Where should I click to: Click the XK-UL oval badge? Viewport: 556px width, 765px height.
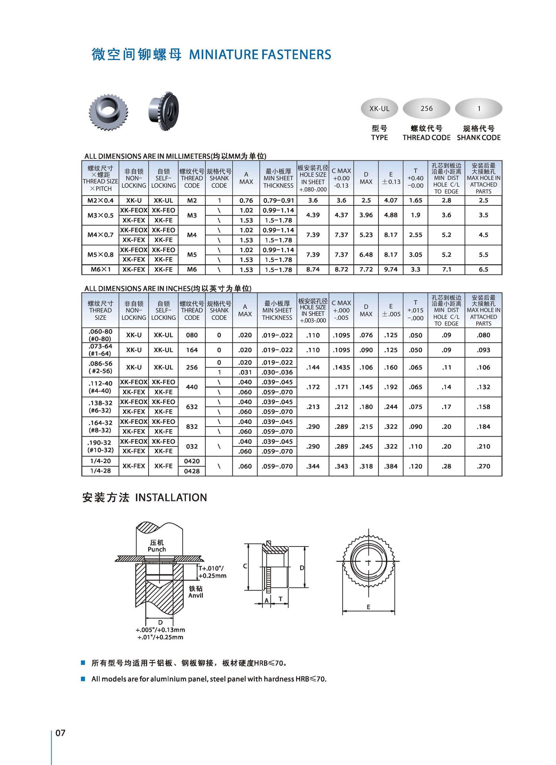tap(379, 108)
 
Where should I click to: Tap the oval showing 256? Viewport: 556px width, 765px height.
tap(426, 108)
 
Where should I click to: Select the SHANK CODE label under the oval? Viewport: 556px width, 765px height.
tap(479, 137)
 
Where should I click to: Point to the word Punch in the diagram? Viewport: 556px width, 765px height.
tap(156, 549)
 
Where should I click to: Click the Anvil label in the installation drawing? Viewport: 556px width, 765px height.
tap(195, 595)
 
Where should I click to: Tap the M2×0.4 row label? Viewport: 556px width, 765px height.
tap(100, 201)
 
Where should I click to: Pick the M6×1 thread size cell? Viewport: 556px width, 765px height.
tap(100, 269)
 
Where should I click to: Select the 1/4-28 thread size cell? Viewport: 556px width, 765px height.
tap(100, 471)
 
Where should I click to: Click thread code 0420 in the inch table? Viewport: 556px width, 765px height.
tap(192, 461)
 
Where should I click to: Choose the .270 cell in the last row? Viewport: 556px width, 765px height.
tap(483, 466)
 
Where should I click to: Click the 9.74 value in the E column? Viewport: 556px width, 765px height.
tap(391, 269)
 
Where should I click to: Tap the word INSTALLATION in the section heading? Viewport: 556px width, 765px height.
tap(171, 497)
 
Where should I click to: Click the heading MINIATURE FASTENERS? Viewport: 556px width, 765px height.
tap(260, 54)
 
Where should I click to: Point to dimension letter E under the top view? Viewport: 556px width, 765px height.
tap(368, 607)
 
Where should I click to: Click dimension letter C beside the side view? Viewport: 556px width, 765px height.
tap(245, 566)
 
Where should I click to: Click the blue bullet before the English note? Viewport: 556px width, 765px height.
tap(83, 679)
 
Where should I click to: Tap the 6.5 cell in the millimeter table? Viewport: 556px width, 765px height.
tap(483, 269)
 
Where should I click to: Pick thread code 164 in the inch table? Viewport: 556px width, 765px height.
tap(192, 350)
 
